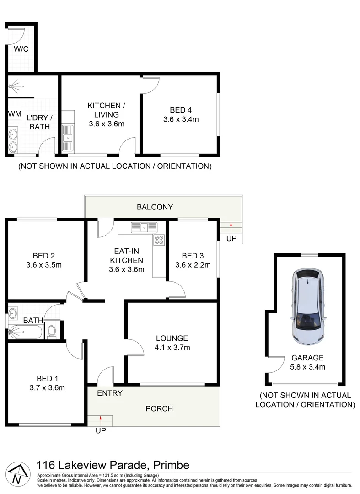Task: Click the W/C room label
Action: [21, 49]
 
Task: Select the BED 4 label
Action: [181, 110]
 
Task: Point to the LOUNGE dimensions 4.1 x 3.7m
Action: [172, 348]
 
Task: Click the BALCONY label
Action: [155, 207]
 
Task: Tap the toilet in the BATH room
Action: [52, 331]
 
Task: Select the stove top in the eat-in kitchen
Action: [159, 240]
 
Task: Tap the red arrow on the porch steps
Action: [100, 418]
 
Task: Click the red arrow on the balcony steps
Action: [231, 225]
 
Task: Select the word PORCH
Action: [159, 408]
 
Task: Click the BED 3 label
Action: [193, 255]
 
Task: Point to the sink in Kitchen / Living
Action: [68, 137]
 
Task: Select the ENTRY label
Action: [110, 393]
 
